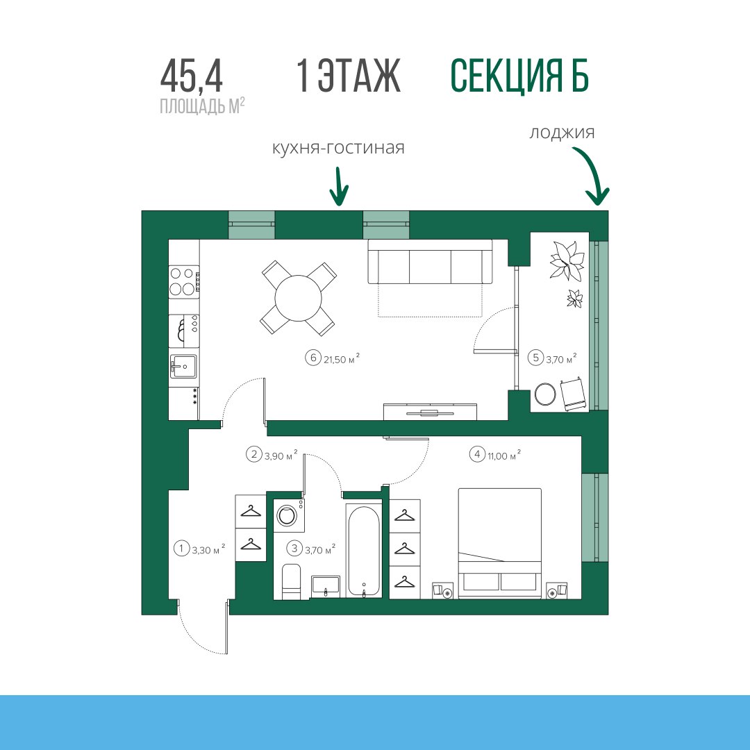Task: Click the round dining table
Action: (299, 298)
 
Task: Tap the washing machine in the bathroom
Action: (289, 515)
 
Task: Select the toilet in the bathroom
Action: (291, 581)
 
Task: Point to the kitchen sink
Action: (183, 366)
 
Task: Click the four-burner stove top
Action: (184, 282)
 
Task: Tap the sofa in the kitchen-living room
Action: (430, 262)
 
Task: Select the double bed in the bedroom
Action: (500, 543)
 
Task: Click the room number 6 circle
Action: (313, 358)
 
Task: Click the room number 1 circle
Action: (181, 548)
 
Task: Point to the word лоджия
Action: (562, 132)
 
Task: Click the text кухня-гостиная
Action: (338, 147)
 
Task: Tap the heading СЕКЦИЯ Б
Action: (519, 76)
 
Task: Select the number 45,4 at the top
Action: (192, 76)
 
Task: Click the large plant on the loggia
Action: (567, 260)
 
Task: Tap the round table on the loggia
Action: (545, 394)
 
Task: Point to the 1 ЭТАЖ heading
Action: (348, 76)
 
